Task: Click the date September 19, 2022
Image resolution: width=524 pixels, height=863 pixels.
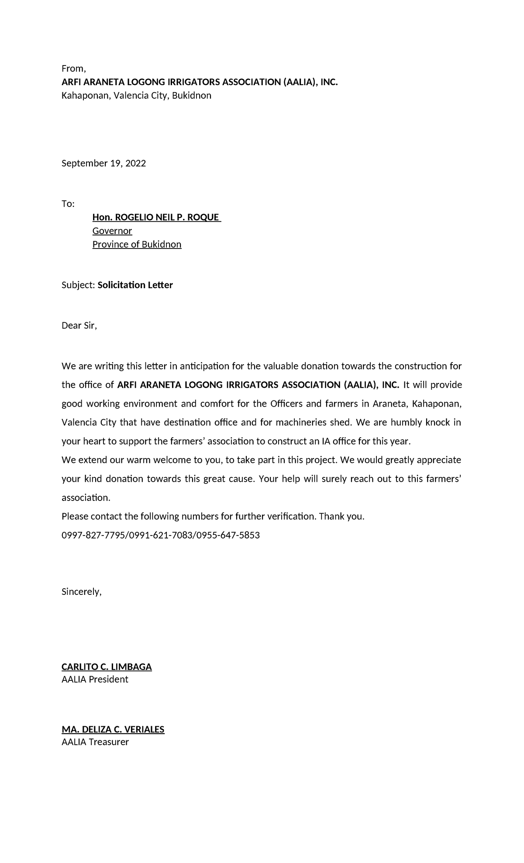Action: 103,163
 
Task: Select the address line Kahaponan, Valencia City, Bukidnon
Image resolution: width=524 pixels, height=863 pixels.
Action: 136,96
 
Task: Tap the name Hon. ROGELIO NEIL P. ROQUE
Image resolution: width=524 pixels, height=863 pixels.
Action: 156,217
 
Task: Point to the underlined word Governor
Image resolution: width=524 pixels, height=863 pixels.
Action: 112,231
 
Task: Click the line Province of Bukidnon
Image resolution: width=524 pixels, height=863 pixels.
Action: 137,245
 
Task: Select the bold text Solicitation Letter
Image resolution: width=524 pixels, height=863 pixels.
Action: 135,285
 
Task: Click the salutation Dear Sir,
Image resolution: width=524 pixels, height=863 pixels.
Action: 79,326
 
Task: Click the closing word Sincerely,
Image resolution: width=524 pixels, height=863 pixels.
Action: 82,592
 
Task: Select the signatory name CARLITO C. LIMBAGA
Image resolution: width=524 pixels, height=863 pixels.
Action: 107,667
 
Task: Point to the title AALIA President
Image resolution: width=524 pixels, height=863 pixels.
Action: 95,680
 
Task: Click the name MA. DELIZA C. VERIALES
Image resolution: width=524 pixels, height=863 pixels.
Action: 113,729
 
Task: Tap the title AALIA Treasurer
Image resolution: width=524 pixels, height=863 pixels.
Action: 95,742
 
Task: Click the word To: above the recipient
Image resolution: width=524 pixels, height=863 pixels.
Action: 68,204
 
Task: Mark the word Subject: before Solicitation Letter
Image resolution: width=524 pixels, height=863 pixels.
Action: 78,285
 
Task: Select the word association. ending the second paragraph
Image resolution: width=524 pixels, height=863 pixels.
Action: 86,498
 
